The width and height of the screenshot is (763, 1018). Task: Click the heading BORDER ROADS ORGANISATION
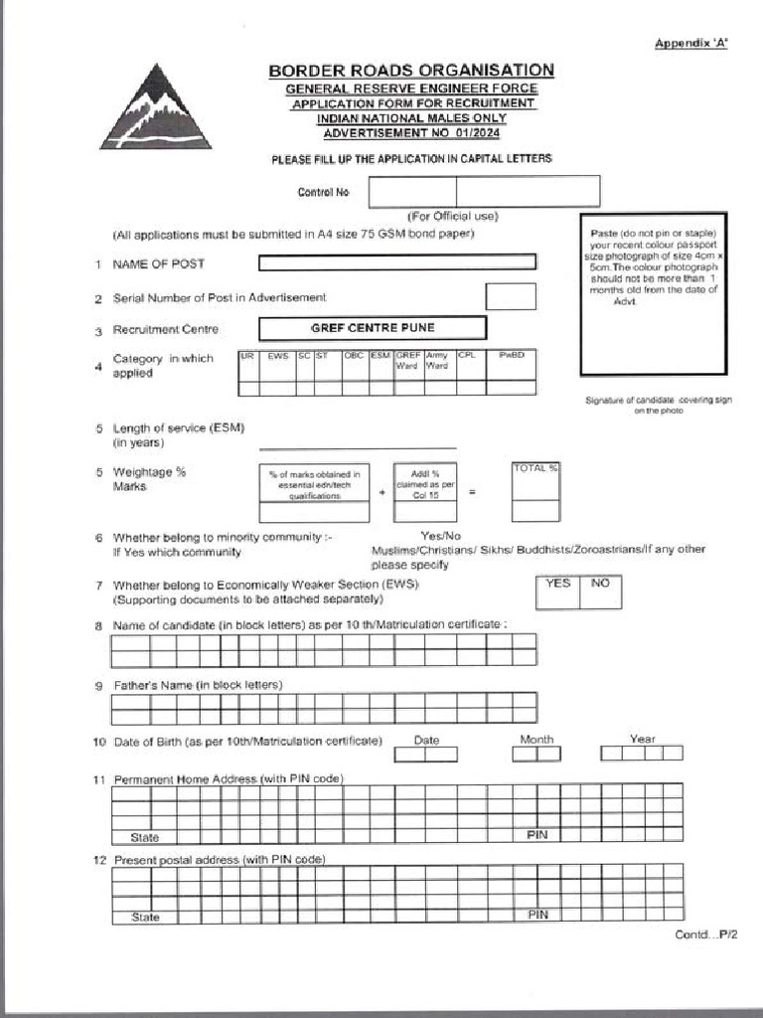point(411,70)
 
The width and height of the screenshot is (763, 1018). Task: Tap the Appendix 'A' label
point(690,43)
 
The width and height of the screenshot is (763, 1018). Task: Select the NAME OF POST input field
point(397,262)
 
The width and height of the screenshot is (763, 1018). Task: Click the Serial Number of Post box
point(510,297)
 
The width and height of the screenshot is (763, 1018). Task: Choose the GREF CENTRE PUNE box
point(373,328)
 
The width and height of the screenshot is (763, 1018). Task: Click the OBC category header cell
point(354,355)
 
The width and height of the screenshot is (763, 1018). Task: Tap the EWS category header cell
point(278,355)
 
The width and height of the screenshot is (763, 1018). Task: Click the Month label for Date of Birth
point(536,740)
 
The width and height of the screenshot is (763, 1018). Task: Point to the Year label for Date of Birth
point(642,739)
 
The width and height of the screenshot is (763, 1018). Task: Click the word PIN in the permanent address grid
point(537,835)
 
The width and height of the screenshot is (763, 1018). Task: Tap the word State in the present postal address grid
point(145,918)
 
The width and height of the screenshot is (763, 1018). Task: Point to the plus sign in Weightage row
point(381,491)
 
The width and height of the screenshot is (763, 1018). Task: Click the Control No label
point(323,192)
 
